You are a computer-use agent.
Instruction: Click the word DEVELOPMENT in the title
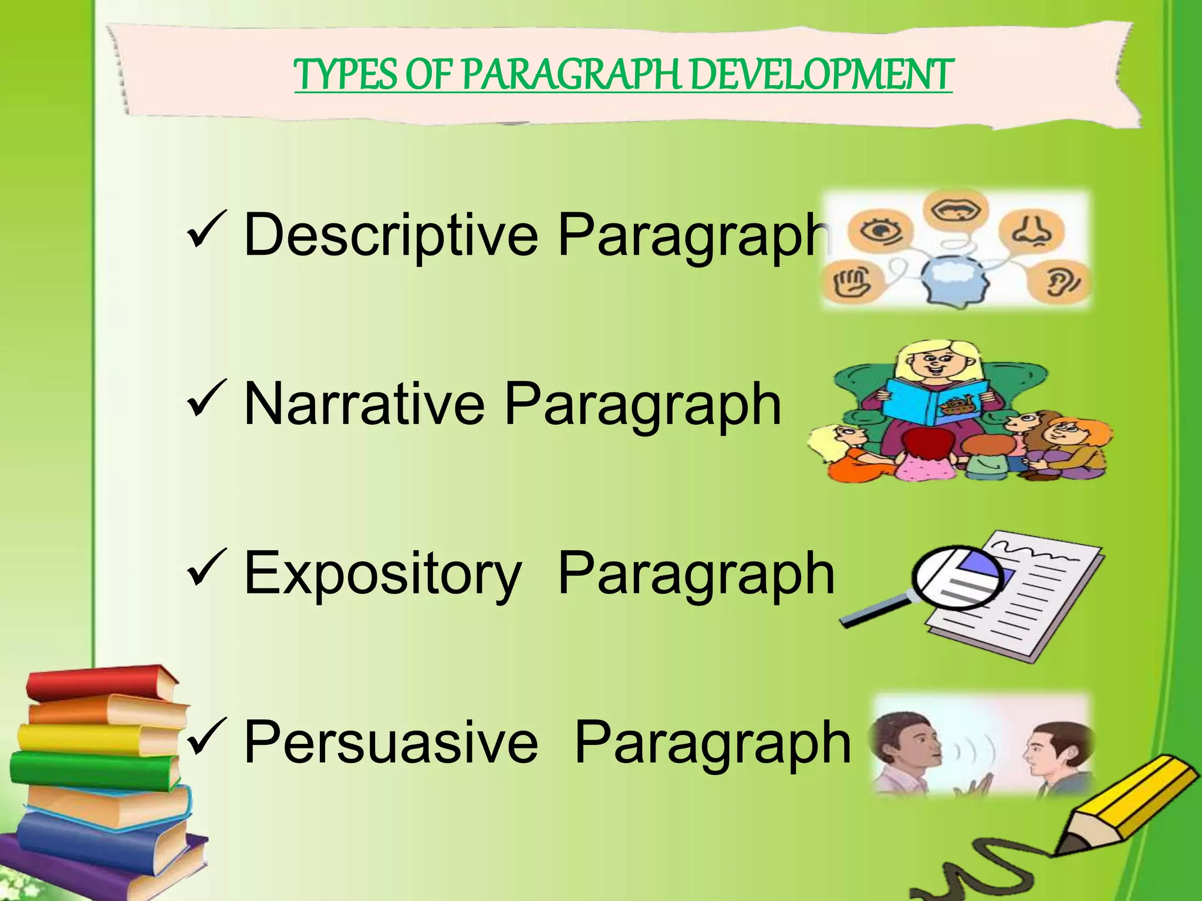pos(822,76)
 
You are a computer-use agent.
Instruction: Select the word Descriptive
pos(390,235)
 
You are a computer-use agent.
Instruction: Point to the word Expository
pos(382,573)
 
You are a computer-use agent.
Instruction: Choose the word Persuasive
pos(390,742)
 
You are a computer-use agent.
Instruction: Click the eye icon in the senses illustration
pos(879,231)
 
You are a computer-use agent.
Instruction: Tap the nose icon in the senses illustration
pos(1031,229)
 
